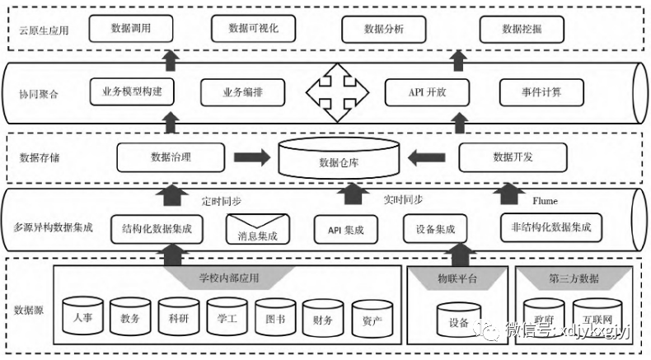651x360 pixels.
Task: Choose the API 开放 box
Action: (x=427, y=90)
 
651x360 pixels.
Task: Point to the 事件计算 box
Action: (x=541, y=90)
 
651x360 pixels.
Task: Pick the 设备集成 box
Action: (x=429, y=229)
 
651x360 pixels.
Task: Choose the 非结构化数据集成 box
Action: (x=550, y=227)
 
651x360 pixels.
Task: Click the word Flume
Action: (x=546, y=200)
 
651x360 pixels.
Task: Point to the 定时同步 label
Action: (x=222, y=200)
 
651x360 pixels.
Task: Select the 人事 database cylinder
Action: (x=82, y=318)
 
